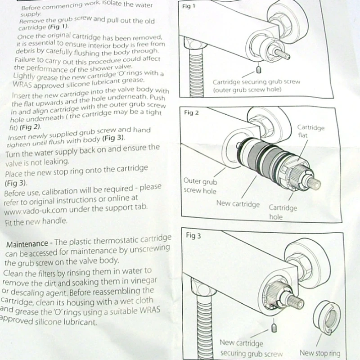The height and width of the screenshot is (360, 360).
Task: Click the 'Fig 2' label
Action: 191,112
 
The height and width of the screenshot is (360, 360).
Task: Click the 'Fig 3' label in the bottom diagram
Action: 193,236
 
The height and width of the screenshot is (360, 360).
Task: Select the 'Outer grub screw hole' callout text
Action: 200,185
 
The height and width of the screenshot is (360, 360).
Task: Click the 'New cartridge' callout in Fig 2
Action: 238,203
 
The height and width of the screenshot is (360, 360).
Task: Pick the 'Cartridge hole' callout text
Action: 283,212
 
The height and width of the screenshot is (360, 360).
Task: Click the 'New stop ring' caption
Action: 320,353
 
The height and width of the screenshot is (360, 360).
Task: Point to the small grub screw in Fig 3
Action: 273,327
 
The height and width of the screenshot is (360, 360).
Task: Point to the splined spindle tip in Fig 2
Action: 314,183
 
